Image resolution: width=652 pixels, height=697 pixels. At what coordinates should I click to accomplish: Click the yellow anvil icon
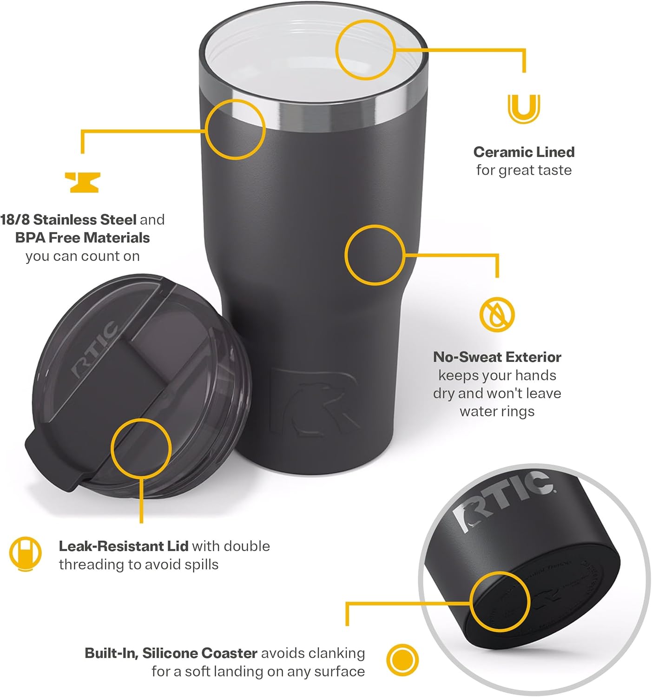[x=82, y=182]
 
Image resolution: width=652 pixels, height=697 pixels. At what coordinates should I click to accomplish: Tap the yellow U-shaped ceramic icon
[x=524, y=109]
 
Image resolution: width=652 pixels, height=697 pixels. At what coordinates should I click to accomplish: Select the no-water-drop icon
[x=497, y=314]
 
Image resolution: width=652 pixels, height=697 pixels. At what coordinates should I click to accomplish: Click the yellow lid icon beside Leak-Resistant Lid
[x=25, y=554]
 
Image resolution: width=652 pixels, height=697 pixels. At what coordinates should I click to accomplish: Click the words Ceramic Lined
[x=524, y=152]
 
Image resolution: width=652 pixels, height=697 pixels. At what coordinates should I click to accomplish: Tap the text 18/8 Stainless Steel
[x=68, y=219]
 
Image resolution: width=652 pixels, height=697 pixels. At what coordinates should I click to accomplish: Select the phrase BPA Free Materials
[x=82, y=237]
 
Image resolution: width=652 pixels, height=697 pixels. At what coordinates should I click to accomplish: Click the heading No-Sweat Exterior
[x=497, y=357]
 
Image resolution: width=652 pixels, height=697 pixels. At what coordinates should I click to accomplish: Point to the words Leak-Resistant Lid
[x=123, y=546]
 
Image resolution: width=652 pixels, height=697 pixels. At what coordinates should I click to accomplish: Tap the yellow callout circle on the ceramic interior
[x=365, y=50]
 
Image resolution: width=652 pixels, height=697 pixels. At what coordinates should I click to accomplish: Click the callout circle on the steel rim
[x=235, y=129]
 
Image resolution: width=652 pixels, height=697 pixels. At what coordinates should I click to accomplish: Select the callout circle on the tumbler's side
[x=375, y=255]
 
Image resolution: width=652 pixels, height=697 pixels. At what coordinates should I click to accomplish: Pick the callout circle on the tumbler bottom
[x=500, y=601]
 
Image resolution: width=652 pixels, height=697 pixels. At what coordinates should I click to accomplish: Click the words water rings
[x=497, y=411]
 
